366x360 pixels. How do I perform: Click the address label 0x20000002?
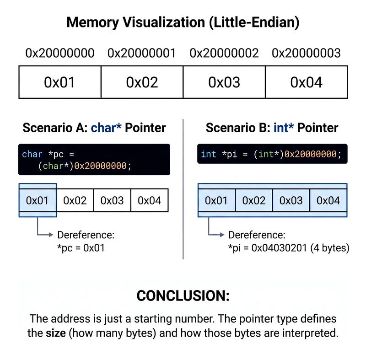[224, 53]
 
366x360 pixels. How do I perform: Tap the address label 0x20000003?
[306, 53]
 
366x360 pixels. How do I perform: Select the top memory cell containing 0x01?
[59, 82]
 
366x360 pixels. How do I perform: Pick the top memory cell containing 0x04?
[306, 82]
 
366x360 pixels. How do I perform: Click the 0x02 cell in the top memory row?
[142, 82]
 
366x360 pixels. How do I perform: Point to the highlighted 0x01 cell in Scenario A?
[38, 200]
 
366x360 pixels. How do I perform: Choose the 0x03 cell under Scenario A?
[112, 200]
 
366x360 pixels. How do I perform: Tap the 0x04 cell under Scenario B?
[328, 200]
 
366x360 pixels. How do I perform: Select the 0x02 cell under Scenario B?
[254, 200]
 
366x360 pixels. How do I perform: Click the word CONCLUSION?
[183, 296]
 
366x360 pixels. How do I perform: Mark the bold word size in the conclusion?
[55, 333]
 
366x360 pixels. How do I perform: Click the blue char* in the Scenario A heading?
[106, 128]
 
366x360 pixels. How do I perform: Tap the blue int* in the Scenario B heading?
[284, 128]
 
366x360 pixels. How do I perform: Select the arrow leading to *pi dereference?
[217, 235]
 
